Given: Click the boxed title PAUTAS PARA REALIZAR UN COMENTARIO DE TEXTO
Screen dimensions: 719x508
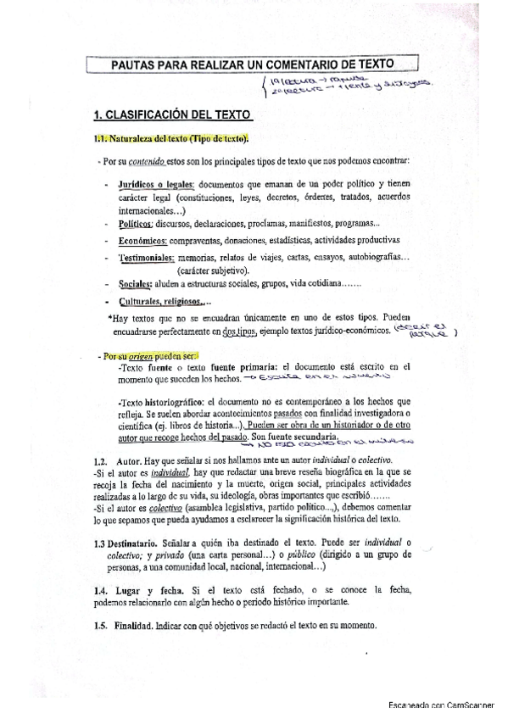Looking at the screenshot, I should pos(254,64).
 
